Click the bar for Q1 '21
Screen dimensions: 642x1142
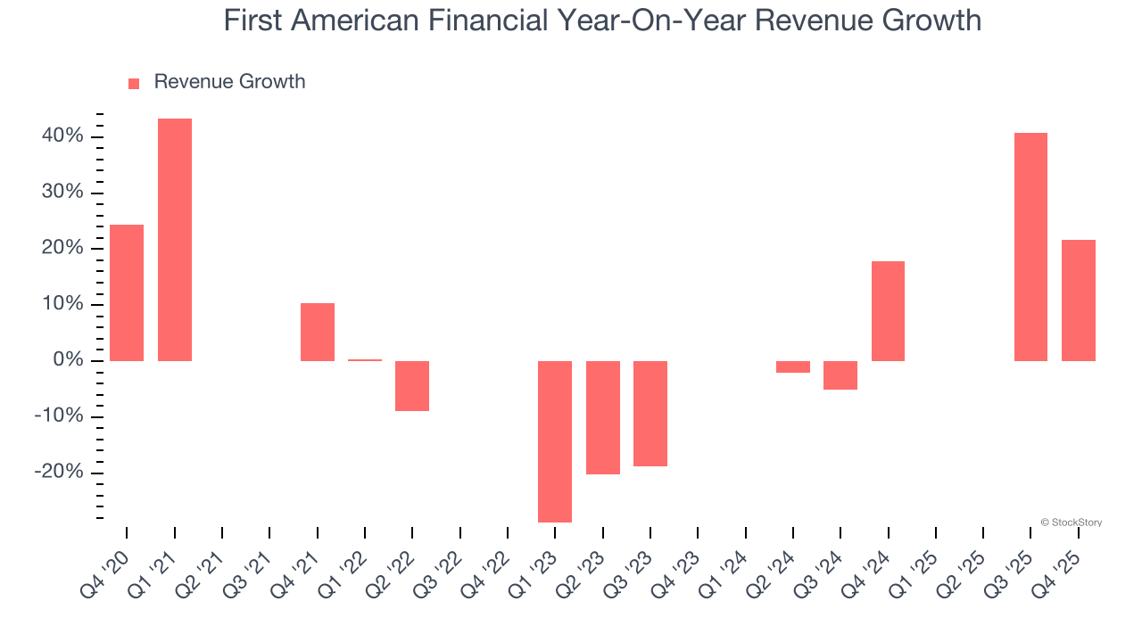175,240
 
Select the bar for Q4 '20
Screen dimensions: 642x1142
127,292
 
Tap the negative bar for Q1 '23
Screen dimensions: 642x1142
555,441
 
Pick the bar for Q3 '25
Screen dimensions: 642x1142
1030,247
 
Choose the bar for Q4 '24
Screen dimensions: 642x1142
888,311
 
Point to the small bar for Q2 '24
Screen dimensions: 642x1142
793,366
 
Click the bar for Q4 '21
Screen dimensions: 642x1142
318,332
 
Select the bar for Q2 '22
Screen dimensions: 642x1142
412,385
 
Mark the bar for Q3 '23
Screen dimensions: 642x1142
650,414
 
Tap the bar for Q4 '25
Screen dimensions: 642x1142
1079,300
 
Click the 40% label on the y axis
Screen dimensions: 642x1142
62,136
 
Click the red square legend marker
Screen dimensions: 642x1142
134,83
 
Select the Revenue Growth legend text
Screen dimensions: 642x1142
229,82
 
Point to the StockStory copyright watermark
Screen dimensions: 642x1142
1071,523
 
